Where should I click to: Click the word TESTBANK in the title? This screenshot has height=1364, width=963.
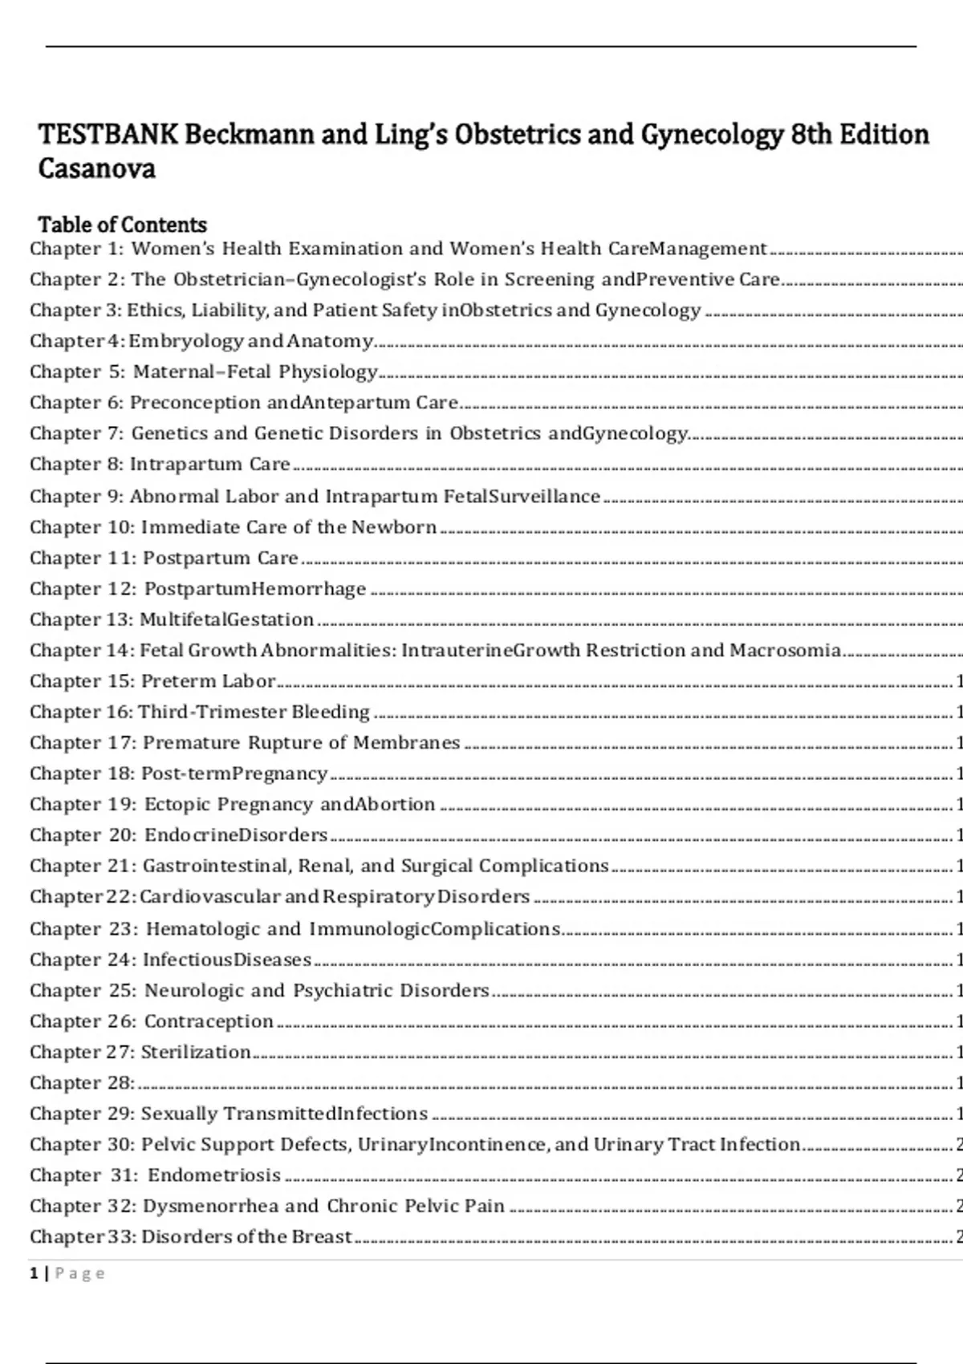click(x=108, y=134)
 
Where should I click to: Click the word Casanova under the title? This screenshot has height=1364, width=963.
click(x=96, y=168)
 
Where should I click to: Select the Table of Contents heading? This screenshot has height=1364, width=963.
click(x=122, y=225)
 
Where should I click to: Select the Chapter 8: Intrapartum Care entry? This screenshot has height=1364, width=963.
click(x=160, y=465)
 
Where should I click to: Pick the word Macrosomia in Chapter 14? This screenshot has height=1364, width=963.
click(x=784, y=650)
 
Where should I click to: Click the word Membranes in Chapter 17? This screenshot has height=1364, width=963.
click(x=406, y=743)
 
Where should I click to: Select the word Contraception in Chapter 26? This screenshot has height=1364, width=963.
click(x=209, y=1021)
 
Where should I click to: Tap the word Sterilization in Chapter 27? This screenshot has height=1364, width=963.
click(x=196, y=1052)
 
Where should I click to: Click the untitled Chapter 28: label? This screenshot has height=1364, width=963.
click(x=82, y=1083)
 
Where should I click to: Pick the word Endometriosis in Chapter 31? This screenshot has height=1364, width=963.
click(x=214, y=1175)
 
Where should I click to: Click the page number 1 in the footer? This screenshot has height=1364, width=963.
click(x=35, y=1273)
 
